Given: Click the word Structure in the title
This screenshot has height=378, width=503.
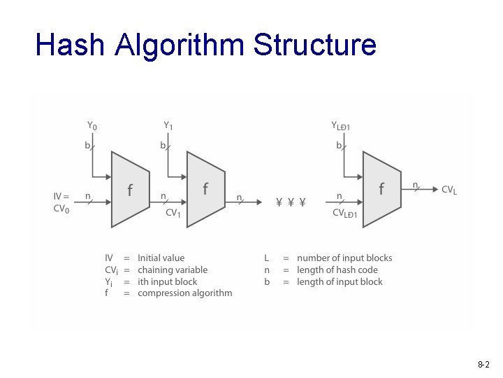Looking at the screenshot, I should [x=315, y=45].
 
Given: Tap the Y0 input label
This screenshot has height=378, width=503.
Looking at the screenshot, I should [x=92, y=126].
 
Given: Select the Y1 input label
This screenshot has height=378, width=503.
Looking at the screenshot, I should [x=168, y=126].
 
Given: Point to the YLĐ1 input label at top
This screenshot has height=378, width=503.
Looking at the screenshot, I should [x=341, y=126].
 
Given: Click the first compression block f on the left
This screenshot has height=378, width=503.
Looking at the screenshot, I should [x=130, y=190].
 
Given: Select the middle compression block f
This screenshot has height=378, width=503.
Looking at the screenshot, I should [x=205, y=189].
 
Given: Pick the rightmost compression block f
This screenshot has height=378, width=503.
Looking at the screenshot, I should [x=381, y=189].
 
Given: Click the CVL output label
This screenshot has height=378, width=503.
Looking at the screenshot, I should [x=449, y=190].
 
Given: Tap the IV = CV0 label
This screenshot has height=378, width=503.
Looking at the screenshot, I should [x=62, y=202].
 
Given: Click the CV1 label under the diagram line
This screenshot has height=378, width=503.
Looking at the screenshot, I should [x=173, y=213].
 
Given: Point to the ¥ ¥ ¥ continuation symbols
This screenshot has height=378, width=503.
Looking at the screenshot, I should [x=291, y=203].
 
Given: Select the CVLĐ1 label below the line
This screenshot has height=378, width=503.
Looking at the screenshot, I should [x=344, y=213].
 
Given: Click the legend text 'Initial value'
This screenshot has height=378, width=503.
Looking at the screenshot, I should [x=161, y=258].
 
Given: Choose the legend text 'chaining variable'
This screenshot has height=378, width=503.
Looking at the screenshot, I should [x=173, y=270].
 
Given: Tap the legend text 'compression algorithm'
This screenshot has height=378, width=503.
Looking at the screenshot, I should [x=185, y=293].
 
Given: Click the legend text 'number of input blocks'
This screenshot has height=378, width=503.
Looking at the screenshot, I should [x=344, y=258].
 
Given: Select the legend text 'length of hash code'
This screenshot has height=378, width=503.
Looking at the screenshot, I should [x=337, y=270].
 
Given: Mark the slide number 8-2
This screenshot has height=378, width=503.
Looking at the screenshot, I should [x=483, y=365].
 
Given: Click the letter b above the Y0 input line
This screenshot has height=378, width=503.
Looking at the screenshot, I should [x=87, y=146].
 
